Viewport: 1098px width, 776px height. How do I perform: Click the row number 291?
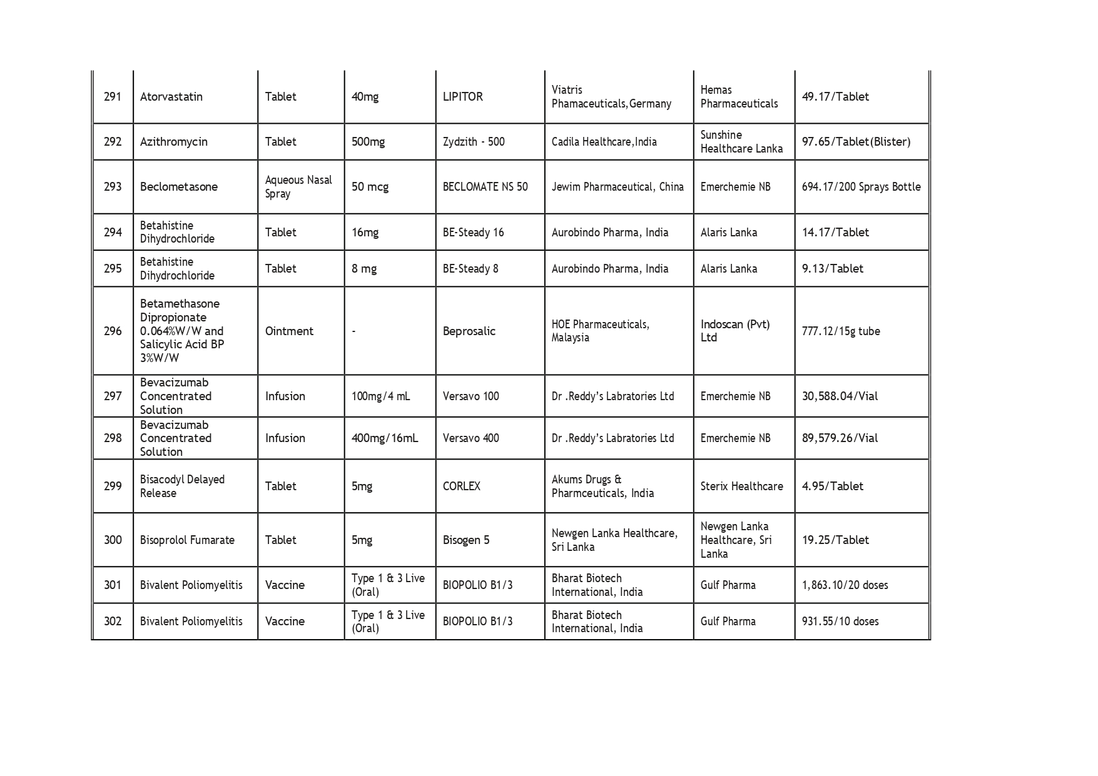click(113, 97)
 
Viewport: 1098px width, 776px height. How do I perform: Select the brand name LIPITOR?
click(462, 97)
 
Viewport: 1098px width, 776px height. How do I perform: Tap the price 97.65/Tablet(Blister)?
click(856, 142)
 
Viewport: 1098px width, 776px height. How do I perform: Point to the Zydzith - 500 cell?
click(473, 142)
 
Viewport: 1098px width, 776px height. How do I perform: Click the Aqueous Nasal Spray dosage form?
click(298, 187)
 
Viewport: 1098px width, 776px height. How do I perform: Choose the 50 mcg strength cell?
click(370, 187)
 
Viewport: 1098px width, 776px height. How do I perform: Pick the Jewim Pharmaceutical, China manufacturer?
click(617, 187)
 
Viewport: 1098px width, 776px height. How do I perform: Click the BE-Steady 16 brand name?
click(473, 233)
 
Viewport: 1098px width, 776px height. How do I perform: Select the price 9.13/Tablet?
click(832, 269)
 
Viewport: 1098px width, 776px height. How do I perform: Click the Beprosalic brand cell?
click(469, 331)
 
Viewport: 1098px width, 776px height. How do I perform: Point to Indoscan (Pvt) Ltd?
click(735, 331)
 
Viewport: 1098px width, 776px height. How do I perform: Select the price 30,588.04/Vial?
click(840, 396)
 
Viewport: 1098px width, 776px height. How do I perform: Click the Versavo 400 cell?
click(470, 438)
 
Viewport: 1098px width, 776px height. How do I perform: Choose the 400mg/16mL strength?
click(384, 438)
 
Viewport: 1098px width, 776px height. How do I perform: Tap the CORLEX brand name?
click(461, 486)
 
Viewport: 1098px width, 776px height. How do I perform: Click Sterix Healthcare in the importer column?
click(741, 486)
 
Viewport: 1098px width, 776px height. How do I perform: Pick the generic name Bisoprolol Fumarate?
click(187, 540)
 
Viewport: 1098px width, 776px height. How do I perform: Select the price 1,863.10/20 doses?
click(845, 585)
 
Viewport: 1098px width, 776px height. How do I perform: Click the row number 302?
click(113, 622)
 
